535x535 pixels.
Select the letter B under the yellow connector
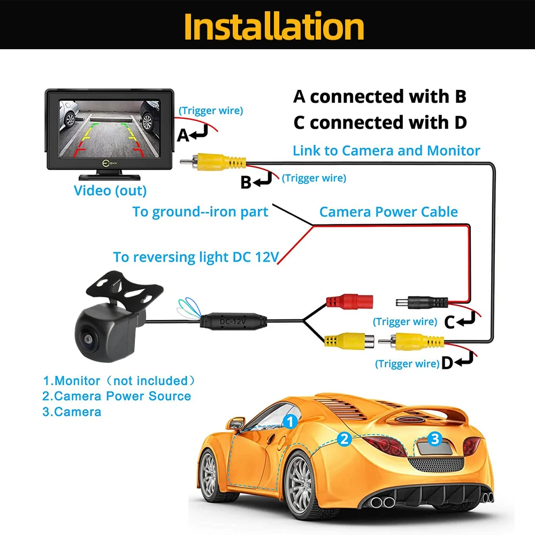[x=246, y=182]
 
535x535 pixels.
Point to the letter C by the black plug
[x=449, y=322]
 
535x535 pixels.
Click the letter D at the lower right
[x=447, y=364]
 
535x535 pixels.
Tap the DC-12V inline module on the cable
[x=233, y=321]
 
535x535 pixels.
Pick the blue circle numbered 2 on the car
[x=345, y=439]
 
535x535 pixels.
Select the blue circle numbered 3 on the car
[x=435, y=439]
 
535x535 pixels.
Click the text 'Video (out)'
[x=110, y=190]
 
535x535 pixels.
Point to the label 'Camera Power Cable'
[x=388, y=212]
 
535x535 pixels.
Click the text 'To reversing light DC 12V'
[x=196, y=257]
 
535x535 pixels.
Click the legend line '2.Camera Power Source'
[x=117, y=396]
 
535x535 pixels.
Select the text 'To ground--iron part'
[x=200, y=212]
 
